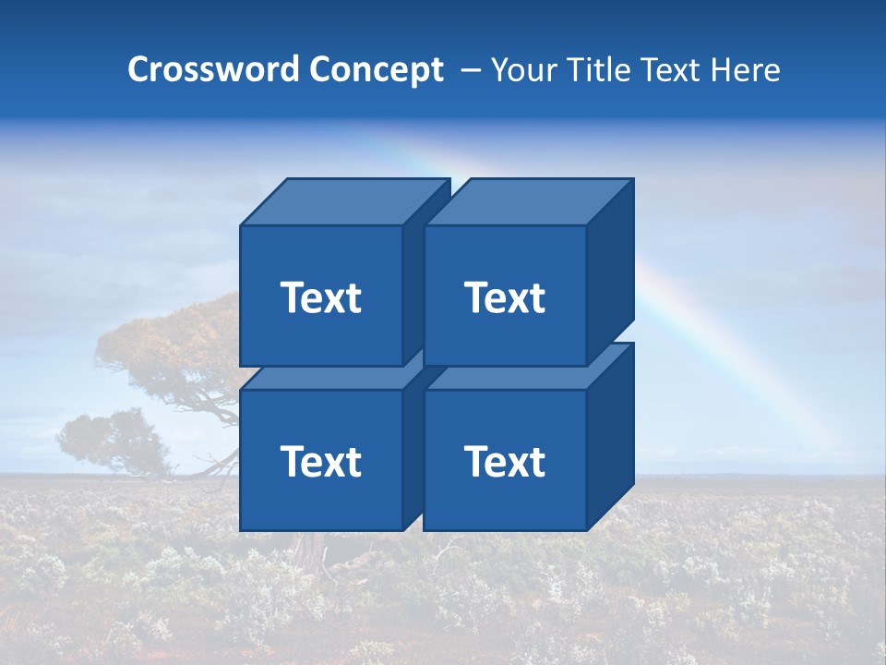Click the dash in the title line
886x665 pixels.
click(469, 70)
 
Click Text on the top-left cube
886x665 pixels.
click(320, 297)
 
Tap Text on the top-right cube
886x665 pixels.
click(504, 297)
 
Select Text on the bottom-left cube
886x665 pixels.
click(320, 461)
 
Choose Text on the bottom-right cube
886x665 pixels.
click(504, 461)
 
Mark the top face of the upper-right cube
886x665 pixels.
click(528, 202)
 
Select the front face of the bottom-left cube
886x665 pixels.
click(320, 499)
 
